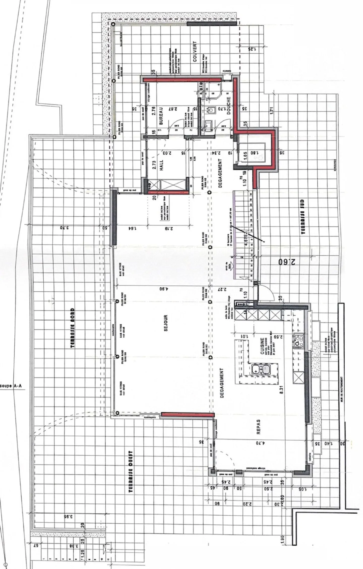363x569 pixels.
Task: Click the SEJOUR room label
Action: (166, 322)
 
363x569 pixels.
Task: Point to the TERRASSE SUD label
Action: (302, 217)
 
